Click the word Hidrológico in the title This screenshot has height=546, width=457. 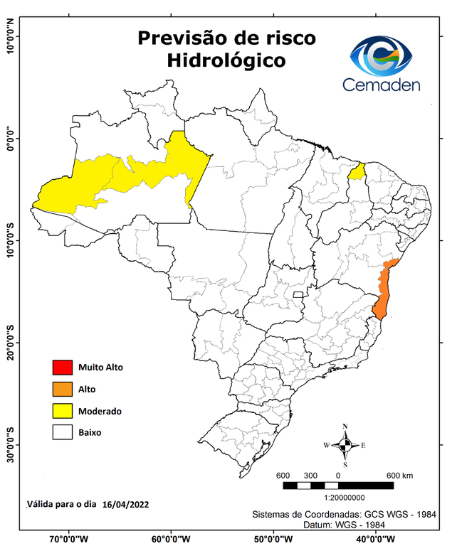coord(226,61)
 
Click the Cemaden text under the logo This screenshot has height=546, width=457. coord(382,85)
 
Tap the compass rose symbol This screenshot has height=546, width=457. coord(345,445)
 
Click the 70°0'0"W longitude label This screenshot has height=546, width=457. coord(69,538)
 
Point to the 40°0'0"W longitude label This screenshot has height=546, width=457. coord(377,538)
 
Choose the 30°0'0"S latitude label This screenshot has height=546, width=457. coord(10,444)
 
